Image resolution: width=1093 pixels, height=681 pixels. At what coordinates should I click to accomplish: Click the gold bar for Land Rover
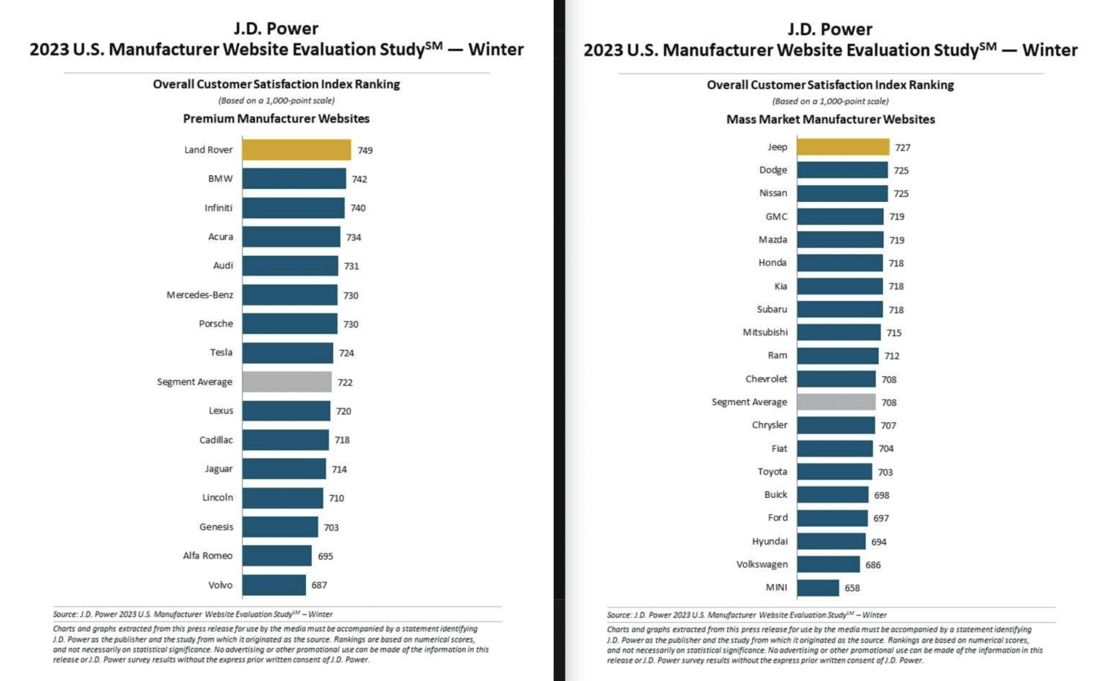click(297, 149)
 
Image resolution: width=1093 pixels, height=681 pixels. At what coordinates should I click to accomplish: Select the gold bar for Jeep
click(842, 147)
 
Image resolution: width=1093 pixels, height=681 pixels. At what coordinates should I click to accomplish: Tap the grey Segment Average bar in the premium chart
click(287, 382)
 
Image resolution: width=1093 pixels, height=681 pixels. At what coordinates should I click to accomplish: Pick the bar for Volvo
click(274, 585)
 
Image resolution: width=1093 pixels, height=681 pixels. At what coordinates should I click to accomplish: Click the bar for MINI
click(818, 588)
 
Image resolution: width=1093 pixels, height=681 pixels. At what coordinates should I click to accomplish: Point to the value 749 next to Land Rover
click(365, 150)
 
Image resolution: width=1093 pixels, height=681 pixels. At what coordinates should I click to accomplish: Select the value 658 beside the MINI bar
click(852, 588)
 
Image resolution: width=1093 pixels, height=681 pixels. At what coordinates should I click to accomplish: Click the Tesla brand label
click(222, 353)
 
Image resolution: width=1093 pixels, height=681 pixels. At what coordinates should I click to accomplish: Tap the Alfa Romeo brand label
click(208, 556)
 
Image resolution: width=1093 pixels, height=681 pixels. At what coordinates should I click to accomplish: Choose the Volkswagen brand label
click(761, 564)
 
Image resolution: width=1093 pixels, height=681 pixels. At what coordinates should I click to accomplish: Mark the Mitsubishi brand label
click(765, 332)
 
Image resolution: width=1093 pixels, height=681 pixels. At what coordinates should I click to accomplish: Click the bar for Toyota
click(834, 472)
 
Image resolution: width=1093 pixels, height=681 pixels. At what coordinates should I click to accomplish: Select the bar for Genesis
click(280, 527)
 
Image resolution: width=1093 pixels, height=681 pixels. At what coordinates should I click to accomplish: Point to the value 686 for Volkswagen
click(873, 565)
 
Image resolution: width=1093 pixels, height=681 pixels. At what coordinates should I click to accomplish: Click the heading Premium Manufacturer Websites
click(276, 119)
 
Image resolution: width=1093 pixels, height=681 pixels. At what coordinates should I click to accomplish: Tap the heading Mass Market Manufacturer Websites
click(830, 120)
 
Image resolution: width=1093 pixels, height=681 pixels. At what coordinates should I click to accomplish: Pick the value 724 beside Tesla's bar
click(346, 353)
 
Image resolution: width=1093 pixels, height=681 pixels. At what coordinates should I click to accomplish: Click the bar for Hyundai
click(831, 542)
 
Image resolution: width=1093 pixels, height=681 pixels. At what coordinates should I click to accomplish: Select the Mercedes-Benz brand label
click(200, 295)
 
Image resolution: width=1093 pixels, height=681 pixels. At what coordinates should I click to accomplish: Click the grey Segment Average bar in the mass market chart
click(836, 402)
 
